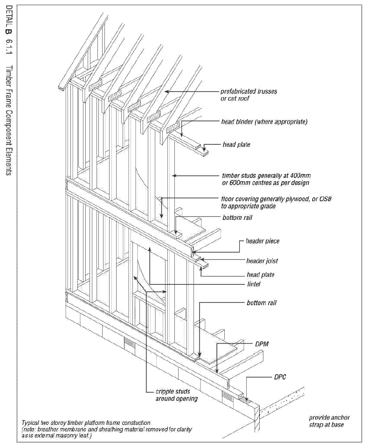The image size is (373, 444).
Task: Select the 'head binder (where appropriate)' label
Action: pos(264,122)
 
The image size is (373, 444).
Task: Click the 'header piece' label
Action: pos(262,241)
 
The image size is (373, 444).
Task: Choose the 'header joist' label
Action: pos(262,261)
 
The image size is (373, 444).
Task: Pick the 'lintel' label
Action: pos(254,284)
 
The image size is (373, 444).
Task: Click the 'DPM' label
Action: pos(262,344)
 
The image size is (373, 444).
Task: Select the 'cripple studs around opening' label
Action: pos(177,395)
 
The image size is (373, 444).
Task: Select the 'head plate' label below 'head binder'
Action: pos(236,145)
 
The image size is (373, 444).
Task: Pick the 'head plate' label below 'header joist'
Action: pos(261,275)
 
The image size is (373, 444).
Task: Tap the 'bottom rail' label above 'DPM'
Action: pos(262,303)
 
